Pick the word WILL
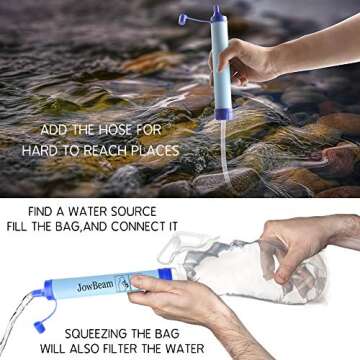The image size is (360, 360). click(63, 349)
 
